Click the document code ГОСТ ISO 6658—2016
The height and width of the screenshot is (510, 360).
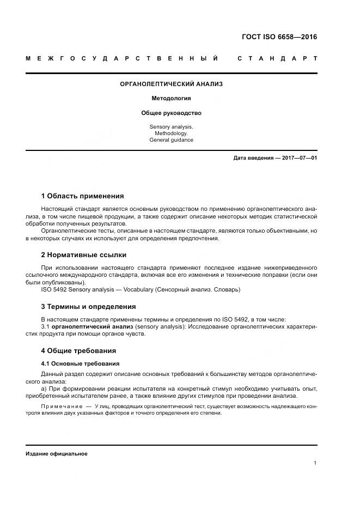click(x=279, y=38)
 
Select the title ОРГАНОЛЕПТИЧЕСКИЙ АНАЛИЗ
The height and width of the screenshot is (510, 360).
click(x=171, y=84)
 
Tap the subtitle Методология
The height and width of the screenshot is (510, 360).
click(x=171, y=99)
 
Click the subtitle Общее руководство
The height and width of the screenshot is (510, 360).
click(x=171, y=113)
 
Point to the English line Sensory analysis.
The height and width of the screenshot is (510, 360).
click(x=171, y=126)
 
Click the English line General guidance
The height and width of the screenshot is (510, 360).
click(x=171, y=140)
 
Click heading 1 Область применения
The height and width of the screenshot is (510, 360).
click(x=82, y=196)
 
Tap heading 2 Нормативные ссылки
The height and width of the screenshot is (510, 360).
click(x=83, y=255)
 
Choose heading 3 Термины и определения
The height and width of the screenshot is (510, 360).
click(x=88, y=307)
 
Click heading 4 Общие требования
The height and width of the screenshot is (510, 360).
click(x=78, y=351)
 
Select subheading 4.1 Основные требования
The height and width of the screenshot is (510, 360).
click(x=80, y=363)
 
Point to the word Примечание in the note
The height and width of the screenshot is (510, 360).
click(x=59, y=406)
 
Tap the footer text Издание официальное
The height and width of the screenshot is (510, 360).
click(x=56, y=454)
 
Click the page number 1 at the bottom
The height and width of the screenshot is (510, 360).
click(x=315, y=463)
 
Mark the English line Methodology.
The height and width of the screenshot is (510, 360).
click(x=171, y=133)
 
